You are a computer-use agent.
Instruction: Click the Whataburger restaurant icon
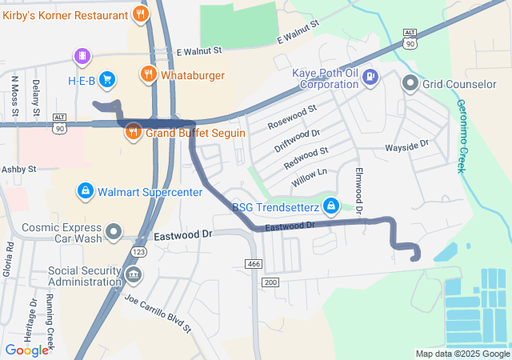point(148,75)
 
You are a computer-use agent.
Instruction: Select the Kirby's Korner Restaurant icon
point(141,14)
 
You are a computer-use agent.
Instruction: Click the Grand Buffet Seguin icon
point(134,132)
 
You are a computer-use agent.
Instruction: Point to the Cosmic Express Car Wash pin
point(114,232)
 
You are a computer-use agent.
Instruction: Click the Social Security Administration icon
point(133,275)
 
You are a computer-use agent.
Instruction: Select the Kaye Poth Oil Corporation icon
point(370,77)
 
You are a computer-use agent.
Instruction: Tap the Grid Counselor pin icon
point(410,82)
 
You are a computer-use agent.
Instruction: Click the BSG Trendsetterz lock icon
point(332,208)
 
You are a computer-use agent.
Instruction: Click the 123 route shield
point(139,252)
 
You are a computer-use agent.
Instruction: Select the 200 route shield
point(270,282)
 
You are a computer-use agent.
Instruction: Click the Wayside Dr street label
point(407,147)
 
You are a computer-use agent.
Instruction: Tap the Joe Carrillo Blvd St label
point(158,313)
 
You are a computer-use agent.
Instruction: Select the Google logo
point(26,350)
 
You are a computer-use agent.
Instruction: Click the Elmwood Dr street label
point(359,190)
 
